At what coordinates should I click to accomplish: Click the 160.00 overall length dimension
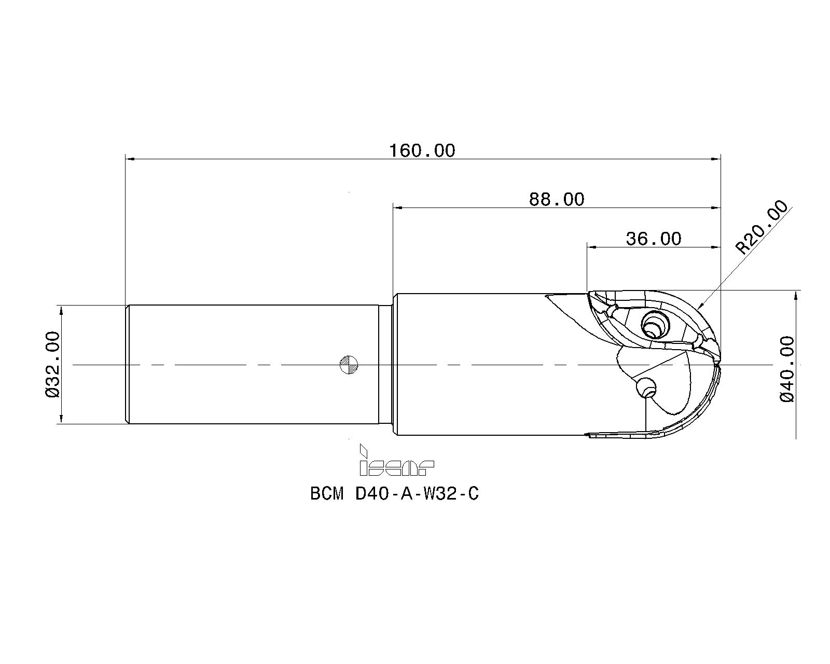pos(422,151)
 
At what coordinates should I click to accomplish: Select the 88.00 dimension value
pos(556,199)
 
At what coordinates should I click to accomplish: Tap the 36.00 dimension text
pos(653,239)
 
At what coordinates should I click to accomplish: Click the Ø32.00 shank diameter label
pos(53,364)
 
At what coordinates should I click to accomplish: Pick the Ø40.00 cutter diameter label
pos(787,368)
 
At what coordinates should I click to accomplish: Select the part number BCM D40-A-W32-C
pos(394,494)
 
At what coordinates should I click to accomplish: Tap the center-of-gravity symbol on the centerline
pos(349,365)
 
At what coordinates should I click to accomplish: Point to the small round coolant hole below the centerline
pos(647,387)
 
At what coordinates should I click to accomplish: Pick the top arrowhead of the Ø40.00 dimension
pos(796,295)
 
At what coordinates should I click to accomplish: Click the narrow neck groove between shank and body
pos(384,364)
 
